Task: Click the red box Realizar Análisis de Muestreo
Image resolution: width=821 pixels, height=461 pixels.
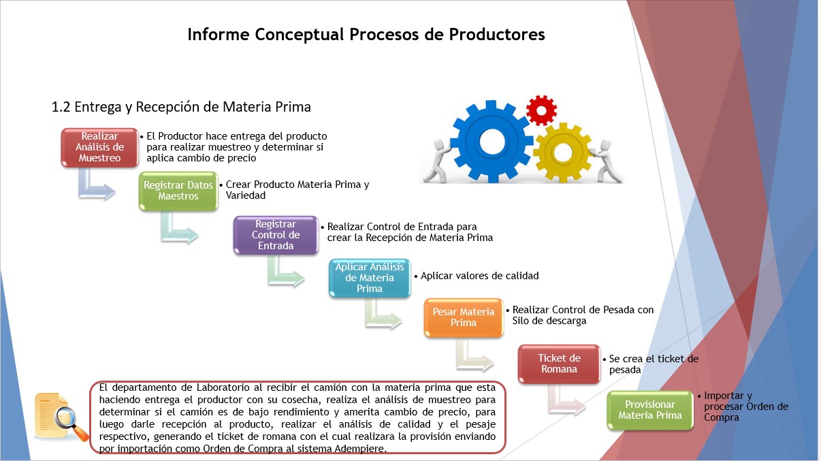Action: [99, 148]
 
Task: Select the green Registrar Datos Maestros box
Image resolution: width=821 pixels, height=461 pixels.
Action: [178, 191]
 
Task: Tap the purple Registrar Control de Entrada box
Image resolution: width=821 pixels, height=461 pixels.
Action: [276, 235]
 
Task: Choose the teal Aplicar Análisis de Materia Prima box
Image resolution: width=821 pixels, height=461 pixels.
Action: [370, 278]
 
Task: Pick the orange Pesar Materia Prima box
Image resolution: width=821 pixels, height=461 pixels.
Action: [464, 317]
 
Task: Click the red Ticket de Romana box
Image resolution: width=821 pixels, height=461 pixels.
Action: [559, 364]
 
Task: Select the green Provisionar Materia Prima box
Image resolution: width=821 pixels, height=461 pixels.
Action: [650, 410]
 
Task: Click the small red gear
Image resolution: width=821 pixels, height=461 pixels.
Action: [541, 110]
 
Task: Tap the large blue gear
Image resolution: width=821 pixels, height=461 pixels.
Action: [492, 142]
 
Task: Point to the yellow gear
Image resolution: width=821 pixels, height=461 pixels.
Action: [562, 153]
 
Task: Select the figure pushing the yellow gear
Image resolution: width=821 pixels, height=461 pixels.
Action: [607, 161]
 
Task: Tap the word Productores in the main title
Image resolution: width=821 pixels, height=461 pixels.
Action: [497, 34]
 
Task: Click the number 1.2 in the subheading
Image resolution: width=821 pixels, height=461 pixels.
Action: [61, 107]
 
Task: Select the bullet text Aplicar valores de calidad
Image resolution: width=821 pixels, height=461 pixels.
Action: [479, 276]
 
